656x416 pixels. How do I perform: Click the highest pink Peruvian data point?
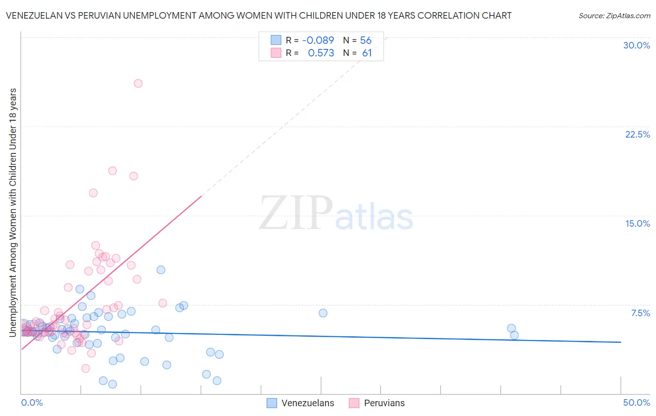[x=138, y=83]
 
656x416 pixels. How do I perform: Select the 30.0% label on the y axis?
[x=636, y=45]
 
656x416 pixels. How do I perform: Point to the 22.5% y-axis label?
[x=637, y=134]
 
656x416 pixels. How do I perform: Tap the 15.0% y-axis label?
[x=637, y=223]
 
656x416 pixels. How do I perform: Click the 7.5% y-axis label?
[x=640, y=313]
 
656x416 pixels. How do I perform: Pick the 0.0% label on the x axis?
[x=32, y=402]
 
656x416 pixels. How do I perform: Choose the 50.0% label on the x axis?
[x=636, y=402]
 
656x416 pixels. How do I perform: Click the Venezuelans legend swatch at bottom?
[x=272, y=403]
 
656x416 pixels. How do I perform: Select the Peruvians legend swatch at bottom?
[x=354, y=403]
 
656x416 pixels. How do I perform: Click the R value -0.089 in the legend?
[x=318, y=41]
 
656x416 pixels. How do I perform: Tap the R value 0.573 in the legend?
[x=321, y=53]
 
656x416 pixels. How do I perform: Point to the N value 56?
[x=366, y=41]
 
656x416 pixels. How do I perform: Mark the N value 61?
[x=367, y=53]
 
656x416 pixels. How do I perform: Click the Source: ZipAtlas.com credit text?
[x=614, y=16]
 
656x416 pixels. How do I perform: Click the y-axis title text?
[x=13, y=212]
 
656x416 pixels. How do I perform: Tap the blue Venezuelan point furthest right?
[x=514, y=335]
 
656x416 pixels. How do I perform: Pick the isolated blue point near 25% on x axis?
[x=323, y=313]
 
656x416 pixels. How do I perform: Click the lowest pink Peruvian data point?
[x=86, y=368]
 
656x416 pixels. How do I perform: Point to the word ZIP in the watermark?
[x=296, y=213]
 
